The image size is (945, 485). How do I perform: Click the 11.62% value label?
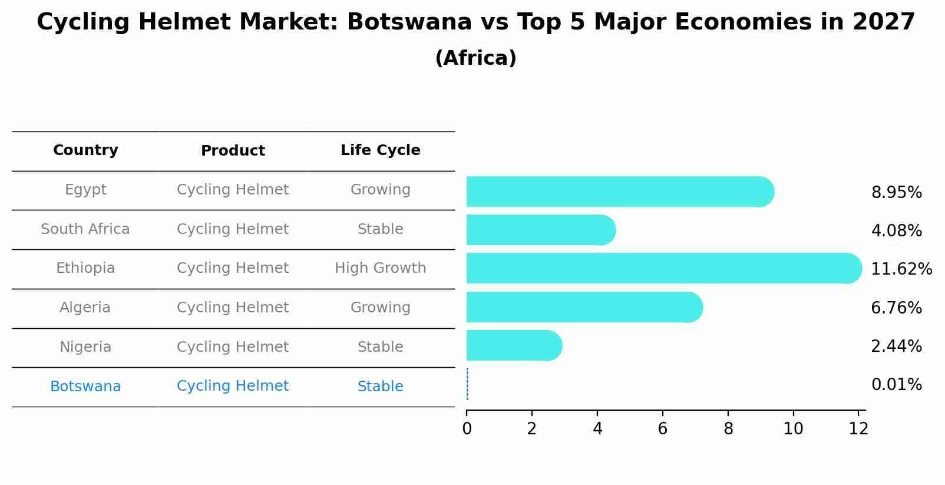click(x=901, y=269)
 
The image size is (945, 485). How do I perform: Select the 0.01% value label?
click(x=896, y=385)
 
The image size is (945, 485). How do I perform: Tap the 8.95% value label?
click(x=896, y=193)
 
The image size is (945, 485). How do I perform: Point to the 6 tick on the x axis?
click(x=663, y=428)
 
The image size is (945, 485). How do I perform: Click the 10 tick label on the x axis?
click(x=793, y=428)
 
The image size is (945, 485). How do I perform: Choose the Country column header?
click(x=85, y=150)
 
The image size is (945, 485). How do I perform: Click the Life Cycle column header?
click(x=380, y=150)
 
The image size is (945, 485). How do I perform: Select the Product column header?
click(x=233, y=151)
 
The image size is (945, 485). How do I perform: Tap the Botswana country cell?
click(x=85, y=387)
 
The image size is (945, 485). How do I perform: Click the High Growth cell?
click(x=380, y=268)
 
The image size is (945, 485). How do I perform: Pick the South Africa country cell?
click(x=85, y=229)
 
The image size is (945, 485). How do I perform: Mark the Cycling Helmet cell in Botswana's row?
click(x=233, y=386)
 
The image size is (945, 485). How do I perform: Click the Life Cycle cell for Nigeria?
click(x=380, y=347)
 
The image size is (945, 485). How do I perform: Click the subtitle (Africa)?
click(x=475, y=58)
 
